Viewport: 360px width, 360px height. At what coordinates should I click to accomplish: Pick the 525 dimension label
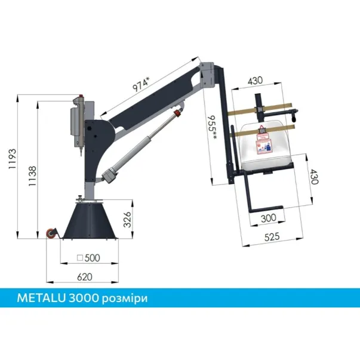[272, 237]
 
